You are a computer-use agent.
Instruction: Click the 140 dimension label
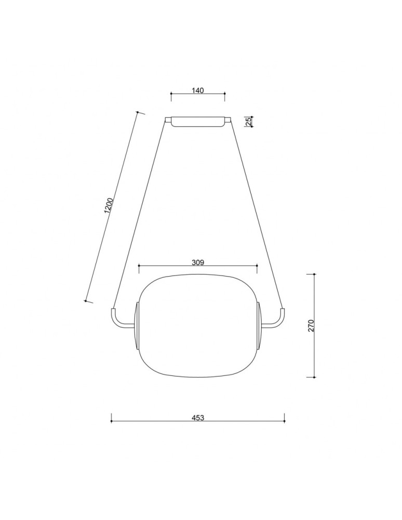coord(197,90)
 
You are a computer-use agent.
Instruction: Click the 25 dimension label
coord(248,121)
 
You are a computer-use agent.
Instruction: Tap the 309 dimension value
coord(197,262)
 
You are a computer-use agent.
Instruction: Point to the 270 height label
coord(311,326)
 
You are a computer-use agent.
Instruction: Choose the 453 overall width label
coord(197,418)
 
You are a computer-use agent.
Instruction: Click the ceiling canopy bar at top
coord(197,121)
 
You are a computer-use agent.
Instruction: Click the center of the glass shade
coord(197,325)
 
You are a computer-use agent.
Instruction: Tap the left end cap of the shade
coord(137,325)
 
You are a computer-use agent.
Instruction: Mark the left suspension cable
coord(139,213)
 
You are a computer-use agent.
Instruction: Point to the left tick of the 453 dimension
coord(111,418)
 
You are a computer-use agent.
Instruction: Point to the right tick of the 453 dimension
coord(284,418)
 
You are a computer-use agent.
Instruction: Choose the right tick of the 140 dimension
coord(224,95)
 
